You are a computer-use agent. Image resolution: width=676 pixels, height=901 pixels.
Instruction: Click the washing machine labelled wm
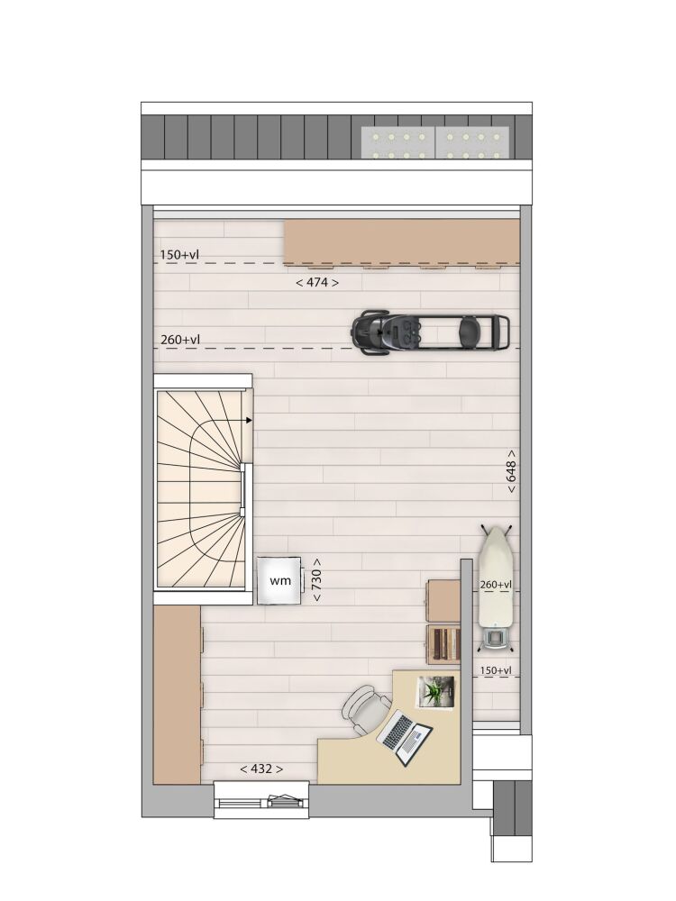279,580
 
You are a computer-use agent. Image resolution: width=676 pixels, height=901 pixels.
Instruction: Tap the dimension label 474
316,282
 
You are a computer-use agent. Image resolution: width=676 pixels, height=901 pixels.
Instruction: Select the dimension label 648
511,472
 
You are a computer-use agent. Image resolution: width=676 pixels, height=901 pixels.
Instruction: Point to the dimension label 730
316,580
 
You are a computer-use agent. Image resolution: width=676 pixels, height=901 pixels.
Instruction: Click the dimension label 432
261,769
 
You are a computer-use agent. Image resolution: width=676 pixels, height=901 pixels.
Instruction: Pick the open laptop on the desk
405,737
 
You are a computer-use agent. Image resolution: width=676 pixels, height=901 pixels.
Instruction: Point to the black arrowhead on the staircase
249,420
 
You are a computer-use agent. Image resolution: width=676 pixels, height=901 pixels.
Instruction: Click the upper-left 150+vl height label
180,255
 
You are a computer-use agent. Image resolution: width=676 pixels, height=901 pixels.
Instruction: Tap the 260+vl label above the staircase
180,340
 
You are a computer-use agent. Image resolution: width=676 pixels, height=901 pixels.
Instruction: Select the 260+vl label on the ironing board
496,585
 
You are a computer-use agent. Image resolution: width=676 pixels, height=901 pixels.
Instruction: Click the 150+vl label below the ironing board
496,670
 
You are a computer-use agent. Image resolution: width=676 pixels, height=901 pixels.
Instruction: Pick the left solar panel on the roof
397,142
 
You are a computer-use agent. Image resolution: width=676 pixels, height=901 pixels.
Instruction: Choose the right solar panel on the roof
472,142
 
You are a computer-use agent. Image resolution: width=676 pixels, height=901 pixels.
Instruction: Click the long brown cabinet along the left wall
177,694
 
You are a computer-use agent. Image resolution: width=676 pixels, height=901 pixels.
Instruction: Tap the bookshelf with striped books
444,645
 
